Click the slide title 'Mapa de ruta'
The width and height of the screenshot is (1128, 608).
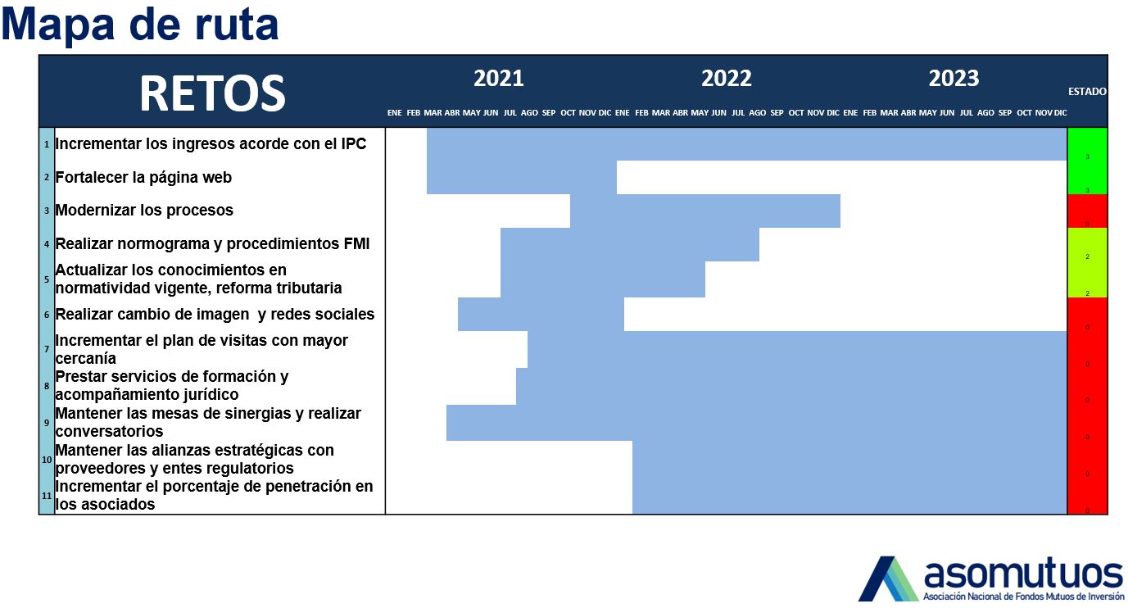click(140, 25)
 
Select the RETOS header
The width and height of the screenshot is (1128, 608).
click(211, 93)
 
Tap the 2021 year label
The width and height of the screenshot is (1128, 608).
click(498, 79)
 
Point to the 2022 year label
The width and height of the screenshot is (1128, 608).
click(726, 79)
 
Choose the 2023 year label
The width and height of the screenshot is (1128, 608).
click(954, 79)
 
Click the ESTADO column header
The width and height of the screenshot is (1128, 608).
click(1087, 92)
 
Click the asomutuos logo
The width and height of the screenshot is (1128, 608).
click(991, 579)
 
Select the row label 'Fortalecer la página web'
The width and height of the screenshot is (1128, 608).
click(143, 177)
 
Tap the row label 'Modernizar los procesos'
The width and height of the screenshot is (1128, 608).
click(144, 210)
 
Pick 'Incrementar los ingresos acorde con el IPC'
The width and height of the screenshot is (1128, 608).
click(211, 144)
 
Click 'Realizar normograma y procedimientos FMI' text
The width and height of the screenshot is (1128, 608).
click(212, 243)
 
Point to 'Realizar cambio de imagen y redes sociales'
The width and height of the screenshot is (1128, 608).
click(215, 314)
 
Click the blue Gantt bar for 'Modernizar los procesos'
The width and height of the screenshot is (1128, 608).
click(704, 211)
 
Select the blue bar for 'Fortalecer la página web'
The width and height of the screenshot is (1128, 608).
click(521, 178)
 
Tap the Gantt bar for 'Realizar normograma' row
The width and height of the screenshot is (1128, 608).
click(629, 244)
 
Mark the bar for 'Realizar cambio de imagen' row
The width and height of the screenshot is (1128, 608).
click(541, 315)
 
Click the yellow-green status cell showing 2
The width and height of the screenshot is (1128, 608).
click(1087, 262)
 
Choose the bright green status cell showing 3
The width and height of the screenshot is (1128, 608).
click(1087, 161)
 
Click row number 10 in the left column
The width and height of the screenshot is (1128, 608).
click(47, 460)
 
